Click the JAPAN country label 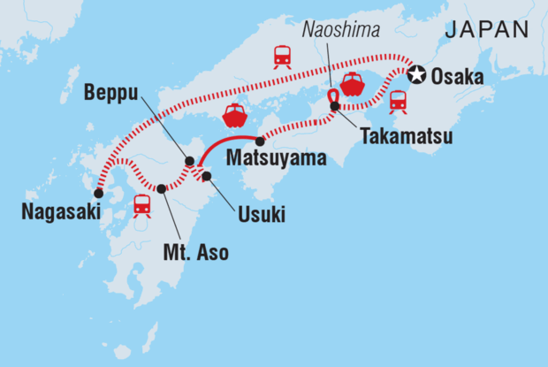click(x=486, y=29)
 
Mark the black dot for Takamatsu click(x=335, y=106)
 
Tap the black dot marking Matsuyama click(x=260, y=141)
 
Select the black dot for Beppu click(x=189, y=161)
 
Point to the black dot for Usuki click(x=207, y=176)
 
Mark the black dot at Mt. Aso click(x=162, y=188)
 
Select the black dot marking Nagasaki click(x=98, y=192)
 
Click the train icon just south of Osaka click(x=399, y=103)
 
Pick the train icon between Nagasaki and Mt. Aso click(x=141, y=205)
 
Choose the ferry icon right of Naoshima click(x=352, y=84)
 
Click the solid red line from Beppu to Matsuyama click(x=225, y=144)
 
